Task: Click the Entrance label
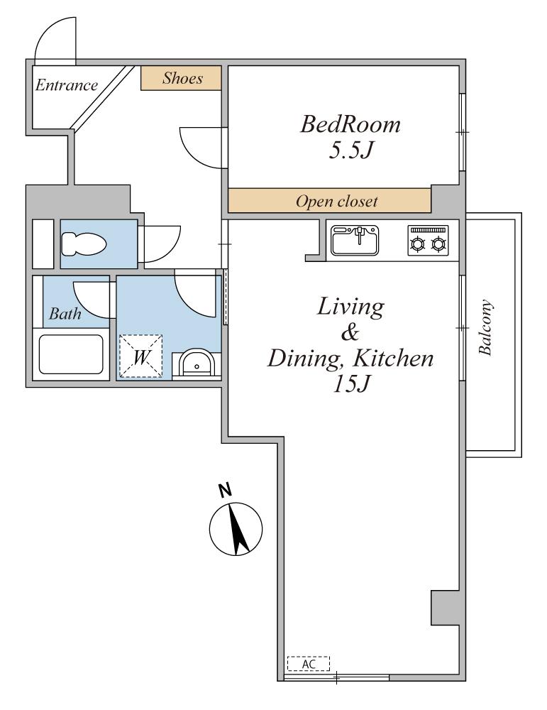(67, 85)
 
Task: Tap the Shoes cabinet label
(182, 78)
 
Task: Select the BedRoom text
(350, 124)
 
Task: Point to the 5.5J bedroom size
(351, 151)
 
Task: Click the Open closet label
(336, 201)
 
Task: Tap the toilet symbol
(84, 244)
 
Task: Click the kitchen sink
(355, 241)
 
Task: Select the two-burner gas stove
(428, 241)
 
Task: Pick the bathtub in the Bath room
(71, 354)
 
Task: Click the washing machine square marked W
(140, 356)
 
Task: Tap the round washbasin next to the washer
(196, 363)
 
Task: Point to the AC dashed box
(309, 663)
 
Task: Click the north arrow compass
(236, 528)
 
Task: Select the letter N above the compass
(225, 490)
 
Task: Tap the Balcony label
(485, 327)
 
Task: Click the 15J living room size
(352, 384)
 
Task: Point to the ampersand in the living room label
(350, 332)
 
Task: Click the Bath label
(65, 313)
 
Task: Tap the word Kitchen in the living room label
(393, 359)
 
